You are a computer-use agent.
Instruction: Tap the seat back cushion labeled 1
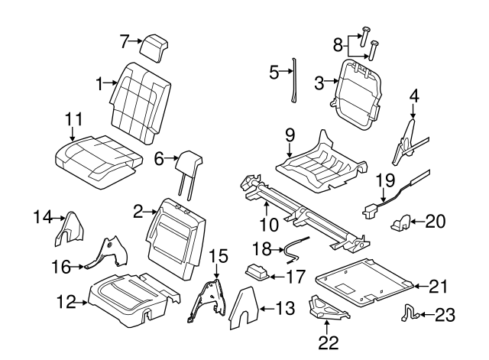point(140,102)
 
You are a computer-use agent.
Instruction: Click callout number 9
point(290,136)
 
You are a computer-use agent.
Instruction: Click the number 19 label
point(384,180)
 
